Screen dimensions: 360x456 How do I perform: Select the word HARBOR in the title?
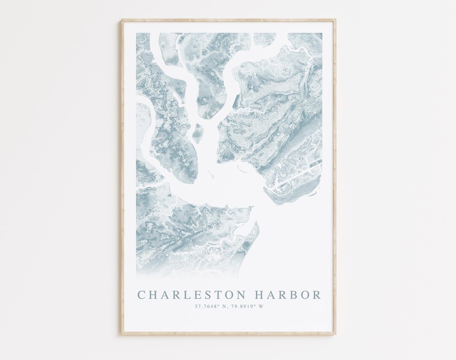pyautogui.click(x=287, y=295)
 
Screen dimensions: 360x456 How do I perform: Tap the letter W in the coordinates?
pyautogui.click(x=261, y=306)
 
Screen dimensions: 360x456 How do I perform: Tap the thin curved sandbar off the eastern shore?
pyautogui.click(x=242, y=169)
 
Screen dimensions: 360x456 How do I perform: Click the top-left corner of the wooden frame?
pyautogui.click(x=122, y=20)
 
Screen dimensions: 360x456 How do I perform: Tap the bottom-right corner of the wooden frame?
pyautogui.click(x=335, y=334)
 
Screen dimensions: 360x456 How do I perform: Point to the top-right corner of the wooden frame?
pyautogui.click(x=335, y=20)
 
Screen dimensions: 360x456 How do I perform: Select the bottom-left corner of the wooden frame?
pyautogui.click(x=122, y=334)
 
